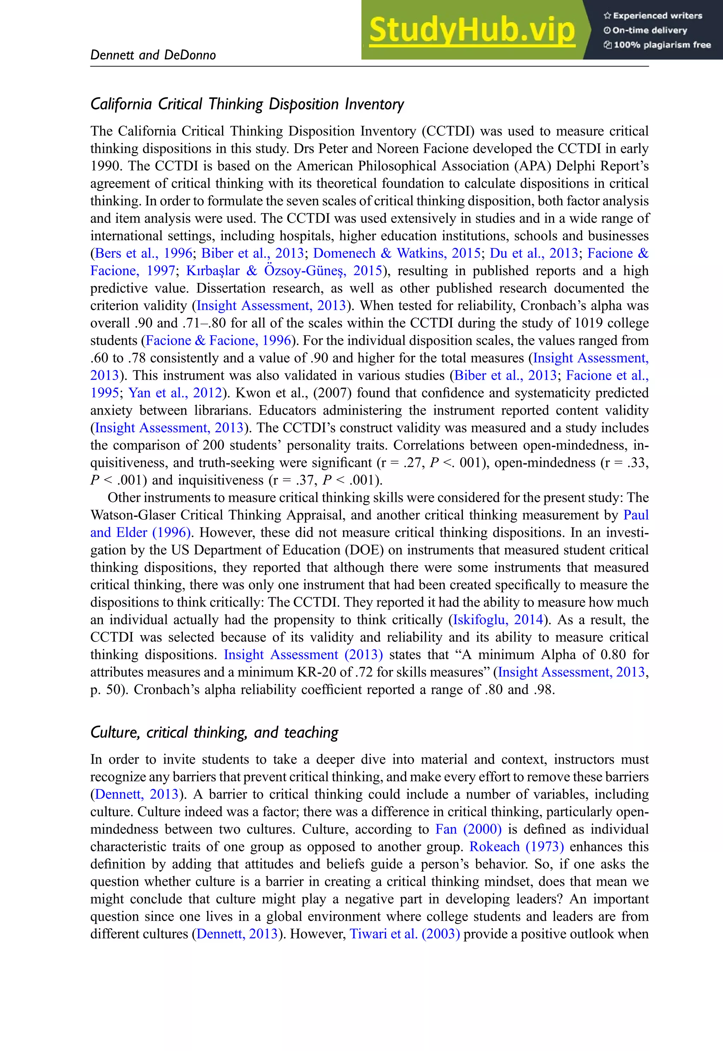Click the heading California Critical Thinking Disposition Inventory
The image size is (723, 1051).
(247, 104)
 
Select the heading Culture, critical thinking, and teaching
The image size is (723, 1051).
(214, 732)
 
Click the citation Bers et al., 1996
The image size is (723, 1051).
(144, 253)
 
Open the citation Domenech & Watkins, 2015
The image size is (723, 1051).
(396, 253)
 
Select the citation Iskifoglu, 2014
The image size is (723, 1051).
(497, 620)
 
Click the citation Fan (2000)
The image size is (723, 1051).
(468, 829)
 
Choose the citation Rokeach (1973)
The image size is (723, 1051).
(516, 847)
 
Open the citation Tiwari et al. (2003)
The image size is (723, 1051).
(405, 934)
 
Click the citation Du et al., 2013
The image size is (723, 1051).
(534, 253)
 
